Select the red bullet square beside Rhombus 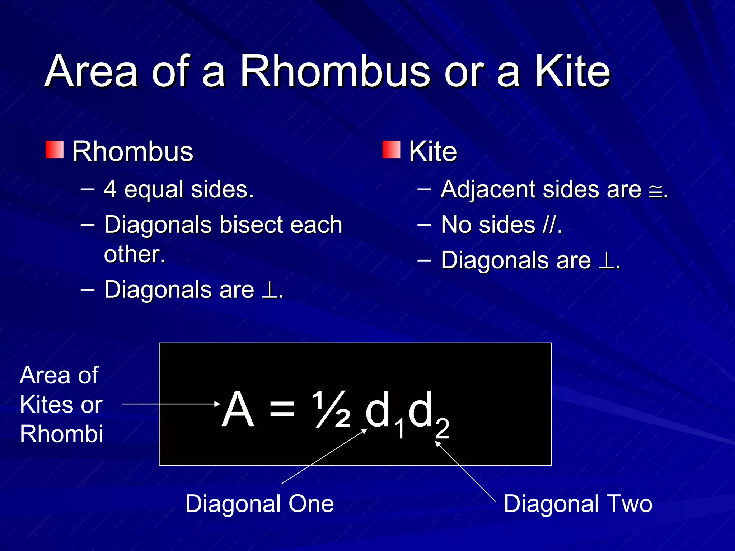pyautogui.click(x=55, y=150)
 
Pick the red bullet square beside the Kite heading pyautogui.click(x=391, y=150)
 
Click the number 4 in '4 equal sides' pyautogui.click(x=110, y=189)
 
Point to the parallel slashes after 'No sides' pyautogui.click(x=549, y=225)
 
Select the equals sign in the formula pyautogui.click(x=282, y=409)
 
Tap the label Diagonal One pyautogui.click(x=259, y=504)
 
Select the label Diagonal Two pyautogui.click(x=578, y=504)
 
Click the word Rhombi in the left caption pyautogui.click(x=61, y=434)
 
